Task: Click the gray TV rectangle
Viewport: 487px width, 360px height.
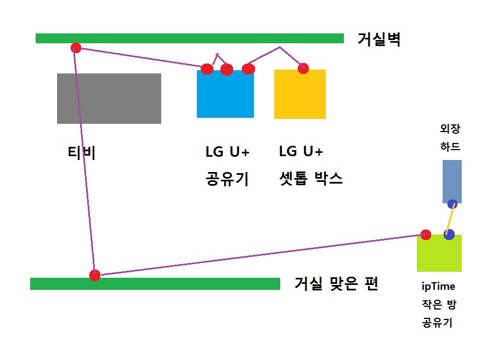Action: click(109, 99)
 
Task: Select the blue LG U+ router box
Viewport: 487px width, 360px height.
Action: click(225, 94)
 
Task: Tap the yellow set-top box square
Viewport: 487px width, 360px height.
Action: click(300, 94)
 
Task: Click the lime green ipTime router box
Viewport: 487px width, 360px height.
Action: click(439, 253)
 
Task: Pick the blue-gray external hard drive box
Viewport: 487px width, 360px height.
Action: click(452, 181)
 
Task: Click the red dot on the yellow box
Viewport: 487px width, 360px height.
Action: click(303, 68)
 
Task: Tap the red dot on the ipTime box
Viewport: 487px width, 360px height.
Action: click(426, 235)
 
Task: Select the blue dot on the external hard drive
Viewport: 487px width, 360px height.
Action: click(452, 204)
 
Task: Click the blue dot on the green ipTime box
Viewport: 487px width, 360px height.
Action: click(449, 235)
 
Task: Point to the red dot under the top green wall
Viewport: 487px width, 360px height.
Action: click(76, 48)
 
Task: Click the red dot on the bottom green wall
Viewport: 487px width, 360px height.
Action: click(95, 275)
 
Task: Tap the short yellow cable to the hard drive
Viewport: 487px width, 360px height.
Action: click(450, 219)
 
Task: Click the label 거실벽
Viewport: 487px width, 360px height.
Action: click(379, 39)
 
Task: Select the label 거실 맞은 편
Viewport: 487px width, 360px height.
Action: click(336, 283)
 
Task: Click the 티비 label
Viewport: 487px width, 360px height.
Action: click(81, 152)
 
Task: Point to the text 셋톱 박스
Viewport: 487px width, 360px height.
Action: click(311, 179)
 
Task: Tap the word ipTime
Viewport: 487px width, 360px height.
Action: click(438, 287)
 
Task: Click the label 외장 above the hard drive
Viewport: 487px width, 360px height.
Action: click(450, 128)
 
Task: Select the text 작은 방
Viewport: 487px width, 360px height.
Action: click(439, 305)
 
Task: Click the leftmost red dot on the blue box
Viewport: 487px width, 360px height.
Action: click(207, 69)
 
